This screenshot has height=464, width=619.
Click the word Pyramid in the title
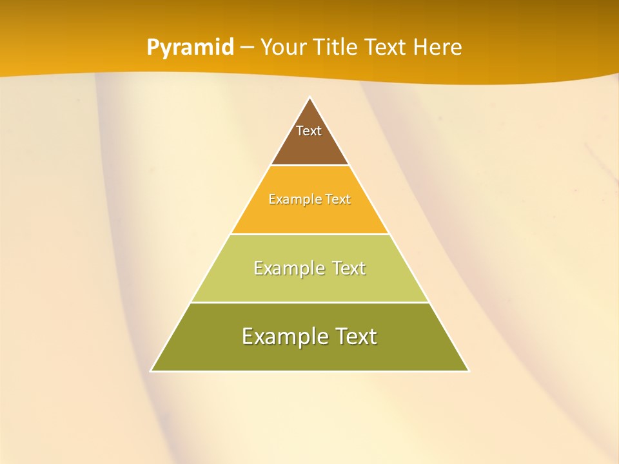(190, 48)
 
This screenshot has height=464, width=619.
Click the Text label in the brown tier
(309, 131)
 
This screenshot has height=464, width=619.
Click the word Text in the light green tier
(349, 268)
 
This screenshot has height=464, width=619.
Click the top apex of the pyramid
(310, 98)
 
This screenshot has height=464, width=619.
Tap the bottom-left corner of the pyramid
(152, 371)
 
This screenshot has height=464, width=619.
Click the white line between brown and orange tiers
(310, 166)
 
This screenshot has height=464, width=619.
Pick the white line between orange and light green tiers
(310, 234)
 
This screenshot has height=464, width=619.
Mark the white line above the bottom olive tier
(310, 302)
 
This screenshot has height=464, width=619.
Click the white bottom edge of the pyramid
(310, 371)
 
